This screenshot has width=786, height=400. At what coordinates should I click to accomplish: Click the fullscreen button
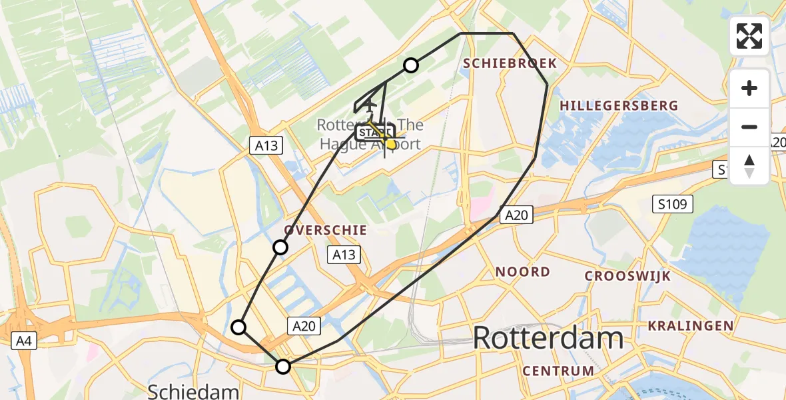[x=749, y=36]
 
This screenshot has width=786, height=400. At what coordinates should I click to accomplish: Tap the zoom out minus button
[x=749, y=127]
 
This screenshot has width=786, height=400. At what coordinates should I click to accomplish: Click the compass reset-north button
[x=749, y=165]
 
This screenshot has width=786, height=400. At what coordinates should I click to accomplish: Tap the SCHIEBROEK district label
[x=510, y=63]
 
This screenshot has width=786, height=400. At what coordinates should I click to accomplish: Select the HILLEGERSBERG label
[x=619, y=105]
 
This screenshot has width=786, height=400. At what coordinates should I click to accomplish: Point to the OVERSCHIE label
[x=326, y=230]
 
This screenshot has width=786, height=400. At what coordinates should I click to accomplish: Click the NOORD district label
[x=523, y=271]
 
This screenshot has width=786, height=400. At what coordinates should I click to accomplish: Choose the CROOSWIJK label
[x=627, y=276]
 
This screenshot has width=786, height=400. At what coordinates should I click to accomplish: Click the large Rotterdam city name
[x=548, y=338]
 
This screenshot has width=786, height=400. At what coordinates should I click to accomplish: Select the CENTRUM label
[x=558, y=371]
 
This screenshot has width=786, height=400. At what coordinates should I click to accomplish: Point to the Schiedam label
[x=193, y=391]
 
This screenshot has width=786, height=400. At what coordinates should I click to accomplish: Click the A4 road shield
[x=23, y=341]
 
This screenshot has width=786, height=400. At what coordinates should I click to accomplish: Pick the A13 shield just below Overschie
[x=344, y=254]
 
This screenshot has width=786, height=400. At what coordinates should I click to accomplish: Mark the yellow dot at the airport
[x=391, y=144]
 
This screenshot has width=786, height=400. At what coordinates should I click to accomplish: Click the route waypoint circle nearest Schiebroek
[x=411, y=65]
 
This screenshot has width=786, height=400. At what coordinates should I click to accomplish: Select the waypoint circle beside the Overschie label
[x=280, y=248]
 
